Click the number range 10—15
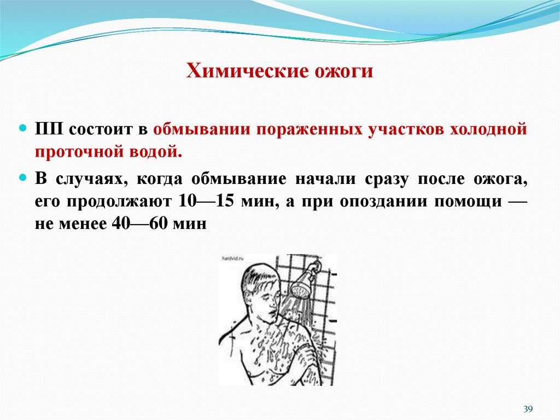pyautogui.click(x=206, y=200)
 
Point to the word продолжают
pyautogui.click(x=121, y=200)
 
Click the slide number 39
pyautogui.click(x=528, y=409)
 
